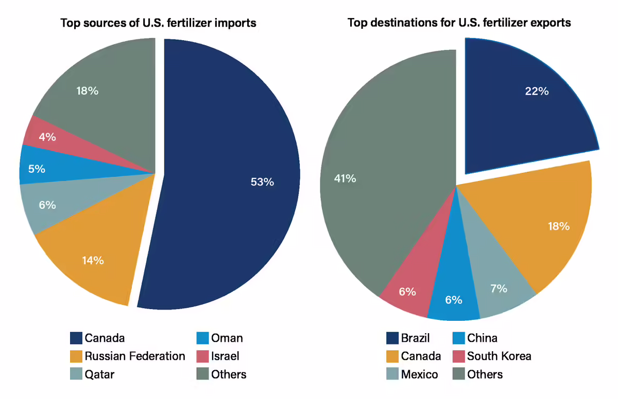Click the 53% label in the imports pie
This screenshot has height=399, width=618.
(262, 182)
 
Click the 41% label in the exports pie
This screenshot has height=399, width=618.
(345, 179)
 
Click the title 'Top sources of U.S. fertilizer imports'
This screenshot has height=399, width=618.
(158, 23)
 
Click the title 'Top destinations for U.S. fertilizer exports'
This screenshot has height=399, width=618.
(459, 23)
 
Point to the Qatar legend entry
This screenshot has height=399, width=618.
(99, 374)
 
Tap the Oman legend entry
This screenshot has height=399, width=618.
(227, 338)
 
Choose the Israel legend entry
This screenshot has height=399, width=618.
(225, 356)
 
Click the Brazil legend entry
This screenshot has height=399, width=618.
(415, 338)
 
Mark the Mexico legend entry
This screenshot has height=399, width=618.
(419, 374)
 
